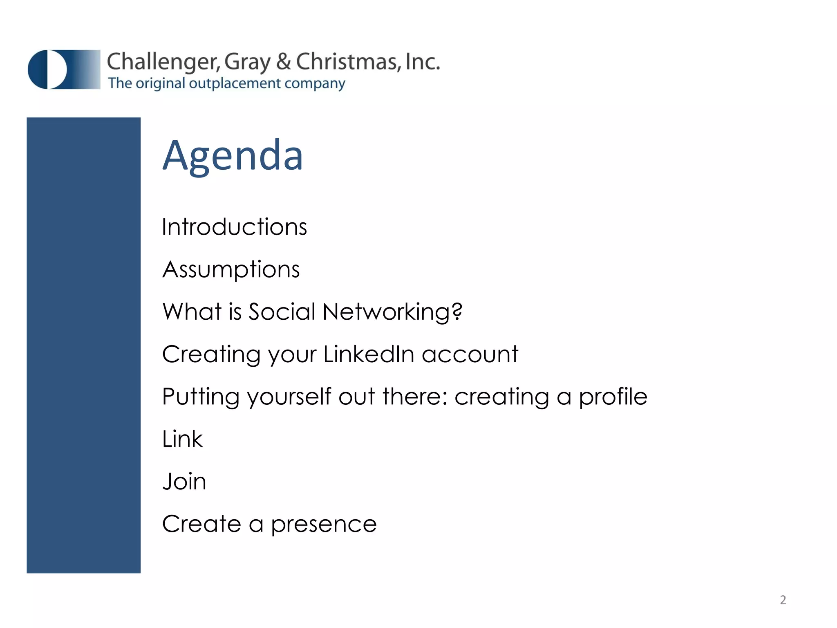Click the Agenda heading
[x=233, y=156]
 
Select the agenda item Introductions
[x=234, y=227]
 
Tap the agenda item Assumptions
[x=231, y=270]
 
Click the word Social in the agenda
[x=282, y=312]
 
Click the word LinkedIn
[x=369, y=354]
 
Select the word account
[x=470, y=354]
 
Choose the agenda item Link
[x=182, y=440]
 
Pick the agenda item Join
[x=184, y=482]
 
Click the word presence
[x=323, y=525]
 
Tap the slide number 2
[x=783, y=600]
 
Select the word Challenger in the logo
[x=163, y=62]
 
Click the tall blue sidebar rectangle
[x=83, y=345]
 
